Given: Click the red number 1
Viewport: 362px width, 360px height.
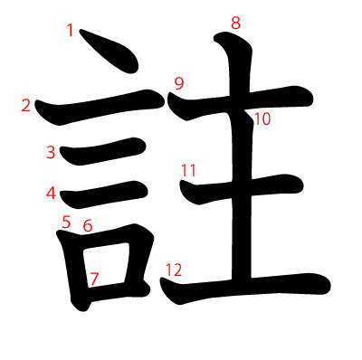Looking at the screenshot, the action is pos(71,31).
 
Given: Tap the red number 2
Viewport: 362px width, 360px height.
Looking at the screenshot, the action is pos(26,106).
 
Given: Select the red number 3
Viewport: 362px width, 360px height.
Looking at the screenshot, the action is pos(51,152).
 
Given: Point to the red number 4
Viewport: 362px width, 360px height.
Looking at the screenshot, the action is pos(52,194).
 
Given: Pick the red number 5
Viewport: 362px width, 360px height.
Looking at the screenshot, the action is pos(66,222).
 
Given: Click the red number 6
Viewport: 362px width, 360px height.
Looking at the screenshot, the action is pos(88,225).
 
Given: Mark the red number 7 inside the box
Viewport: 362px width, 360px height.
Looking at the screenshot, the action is pos(94,279).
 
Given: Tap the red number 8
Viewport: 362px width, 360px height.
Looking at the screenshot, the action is pos(236,24).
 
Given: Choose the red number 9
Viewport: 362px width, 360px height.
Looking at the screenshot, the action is pos(179,83).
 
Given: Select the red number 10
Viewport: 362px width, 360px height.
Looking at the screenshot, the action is pos(262,119).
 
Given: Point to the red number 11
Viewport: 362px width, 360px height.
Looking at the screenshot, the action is pos(188,170).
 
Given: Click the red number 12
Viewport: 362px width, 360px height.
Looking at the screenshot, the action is pos(174,270).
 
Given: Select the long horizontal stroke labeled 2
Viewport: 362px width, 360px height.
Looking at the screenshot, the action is pos(100,106).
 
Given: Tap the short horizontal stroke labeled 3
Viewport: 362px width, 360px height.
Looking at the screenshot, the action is pos(102,151).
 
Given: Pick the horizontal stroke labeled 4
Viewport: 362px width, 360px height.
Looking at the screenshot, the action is pos(104,194).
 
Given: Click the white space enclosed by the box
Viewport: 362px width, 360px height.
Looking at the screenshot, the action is pos(106,264).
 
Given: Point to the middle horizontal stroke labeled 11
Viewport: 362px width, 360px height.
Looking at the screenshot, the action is pos(242,188).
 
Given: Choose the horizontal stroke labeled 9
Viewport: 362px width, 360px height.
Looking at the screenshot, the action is pos(241,102).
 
